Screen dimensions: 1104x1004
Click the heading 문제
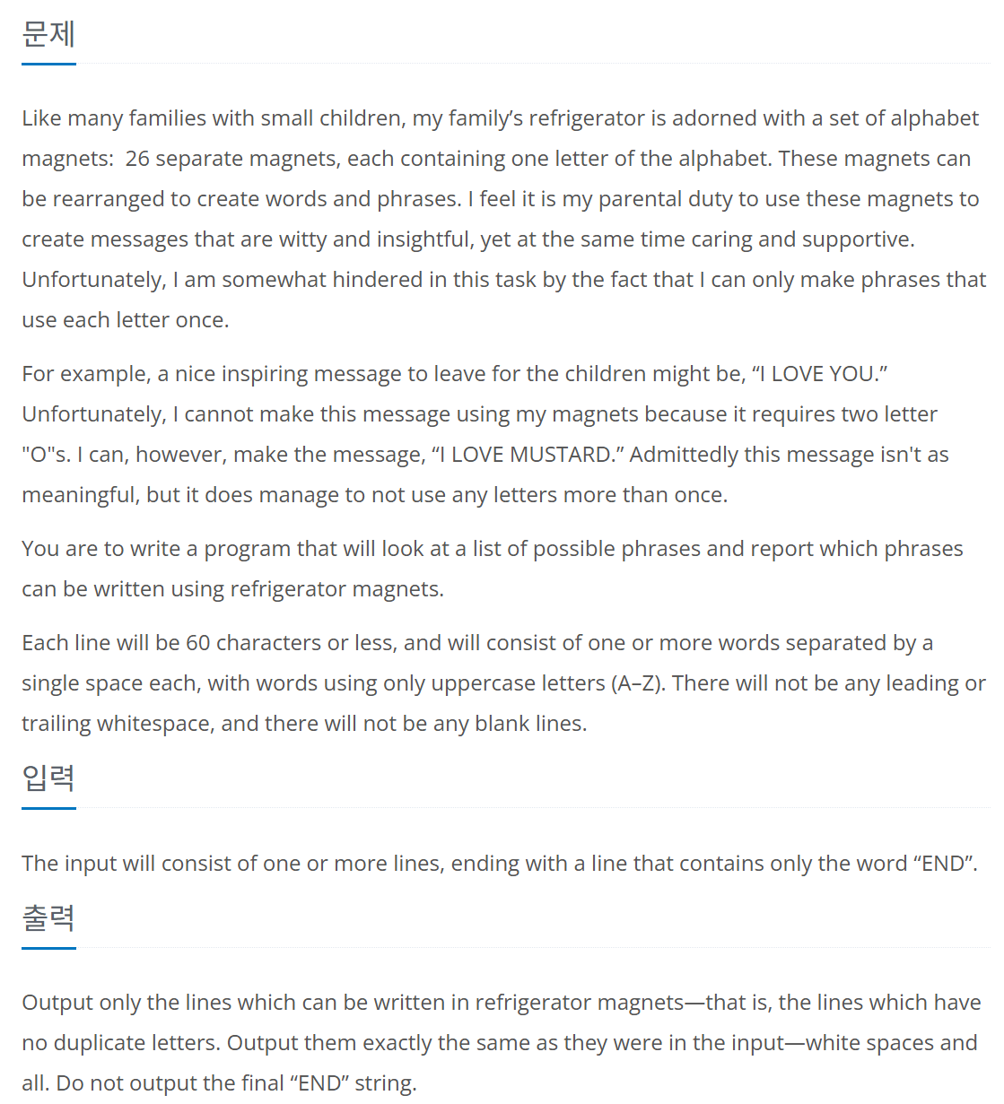coord(48,34)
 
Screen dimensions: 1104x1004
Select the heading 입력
coord(48,778)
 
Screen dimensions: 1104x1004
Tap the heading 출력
coord(48,917)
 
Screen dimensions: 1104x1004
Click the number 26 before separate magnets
coord(137,159)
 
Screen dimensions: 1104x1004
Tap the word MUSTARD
coord(560,455)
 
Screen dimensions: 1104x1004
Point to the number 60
coord(197,643)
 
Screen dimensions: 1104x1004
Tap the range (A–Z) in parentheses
coord(638,683)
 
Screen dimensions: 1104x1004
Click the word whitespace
coord(152,724)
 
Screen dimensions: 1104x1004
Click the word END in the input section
coord(942,864)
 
